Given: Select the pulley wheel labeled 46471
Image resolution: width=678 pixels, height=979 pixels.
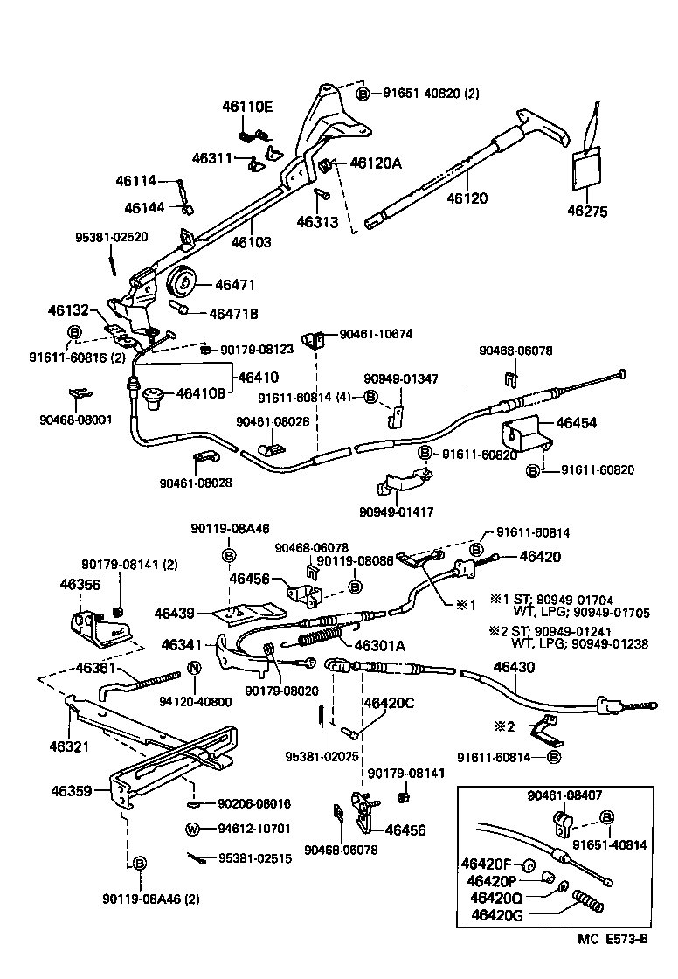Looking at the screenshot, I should (183, 285).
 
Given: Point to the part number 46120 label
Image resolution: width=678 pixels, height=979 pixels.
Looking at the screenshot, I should (467, 198).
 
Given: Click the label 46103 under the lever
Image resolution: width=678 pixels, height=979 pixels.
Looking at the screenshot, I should (251, 242).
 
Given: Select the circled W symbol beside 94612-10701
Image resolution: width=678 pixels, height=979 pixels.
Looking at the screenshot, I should (191, 828).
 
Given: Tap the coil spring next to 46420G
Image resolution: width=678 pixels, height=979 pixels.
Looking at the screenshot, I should (589, 900).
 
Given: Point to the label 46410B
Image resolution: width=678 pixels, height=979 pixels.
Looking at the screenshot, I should (202, 393).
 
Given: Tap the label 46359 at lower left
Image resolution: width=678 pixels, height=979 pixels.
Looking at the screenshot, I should (72, 790).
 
